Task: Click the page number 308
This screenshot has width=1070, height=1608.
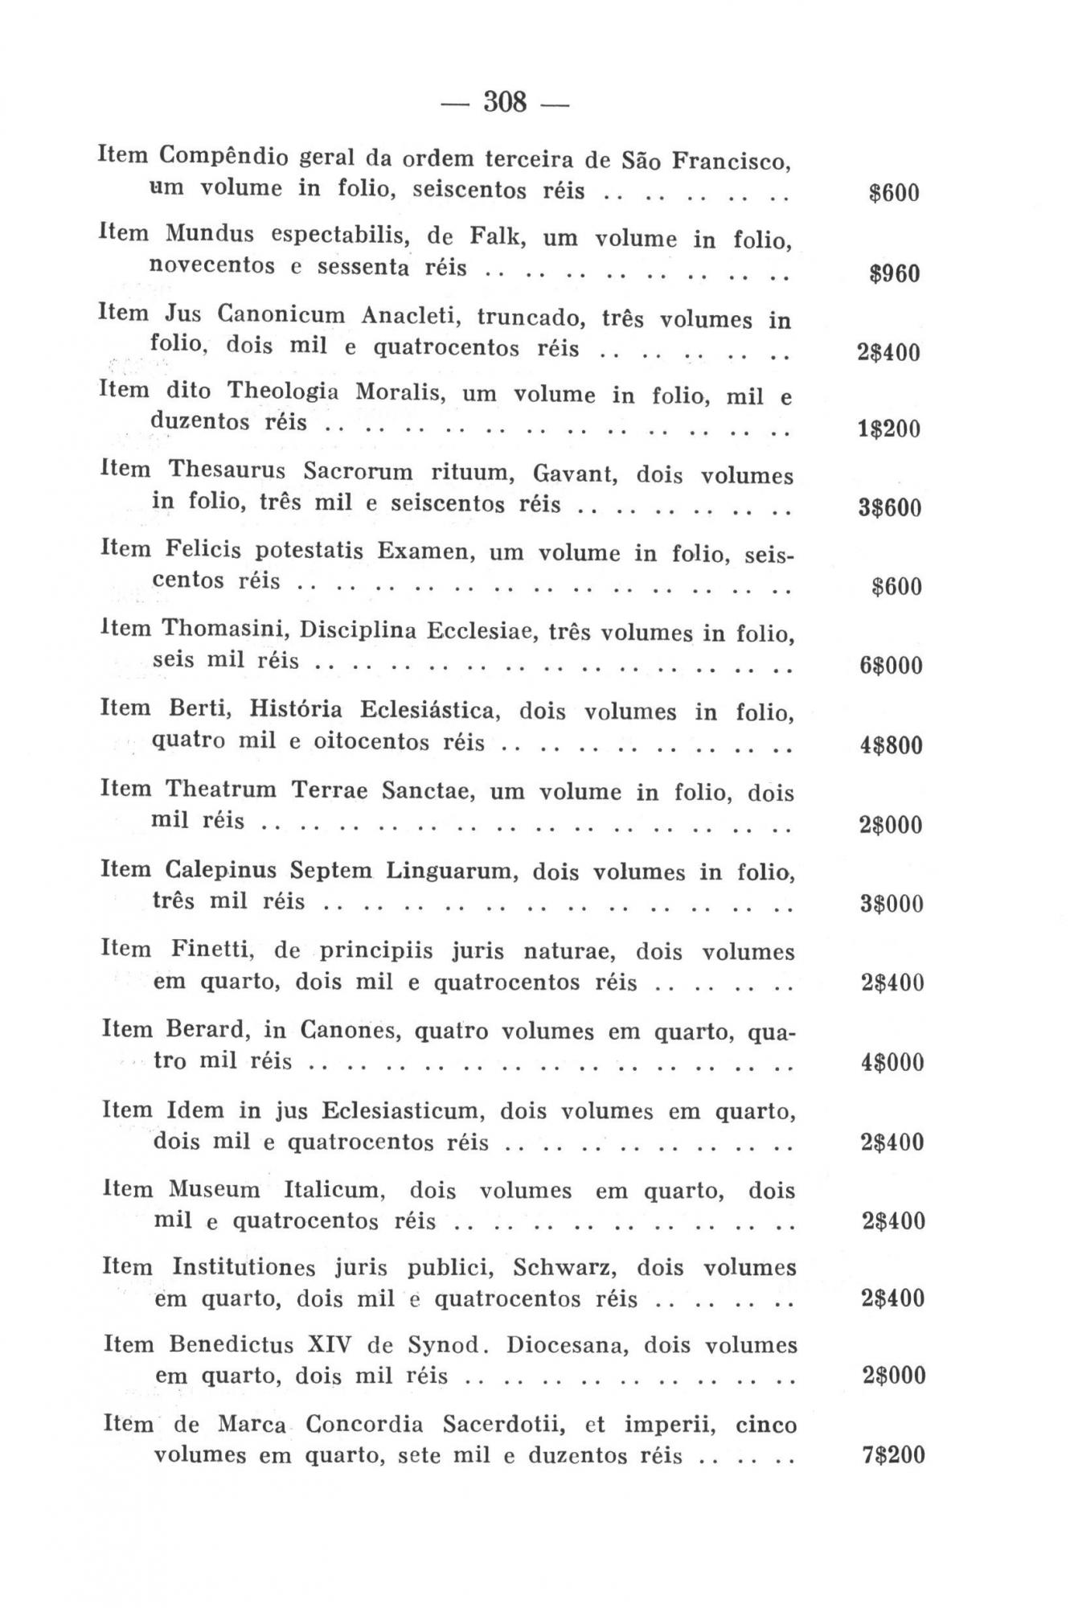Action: (x=505, y=103)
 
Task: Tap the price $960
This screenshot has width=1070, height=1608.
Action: (x=894, y=274)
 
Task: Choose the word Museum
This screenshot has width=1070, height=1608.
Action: (x=214, y=1189)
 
